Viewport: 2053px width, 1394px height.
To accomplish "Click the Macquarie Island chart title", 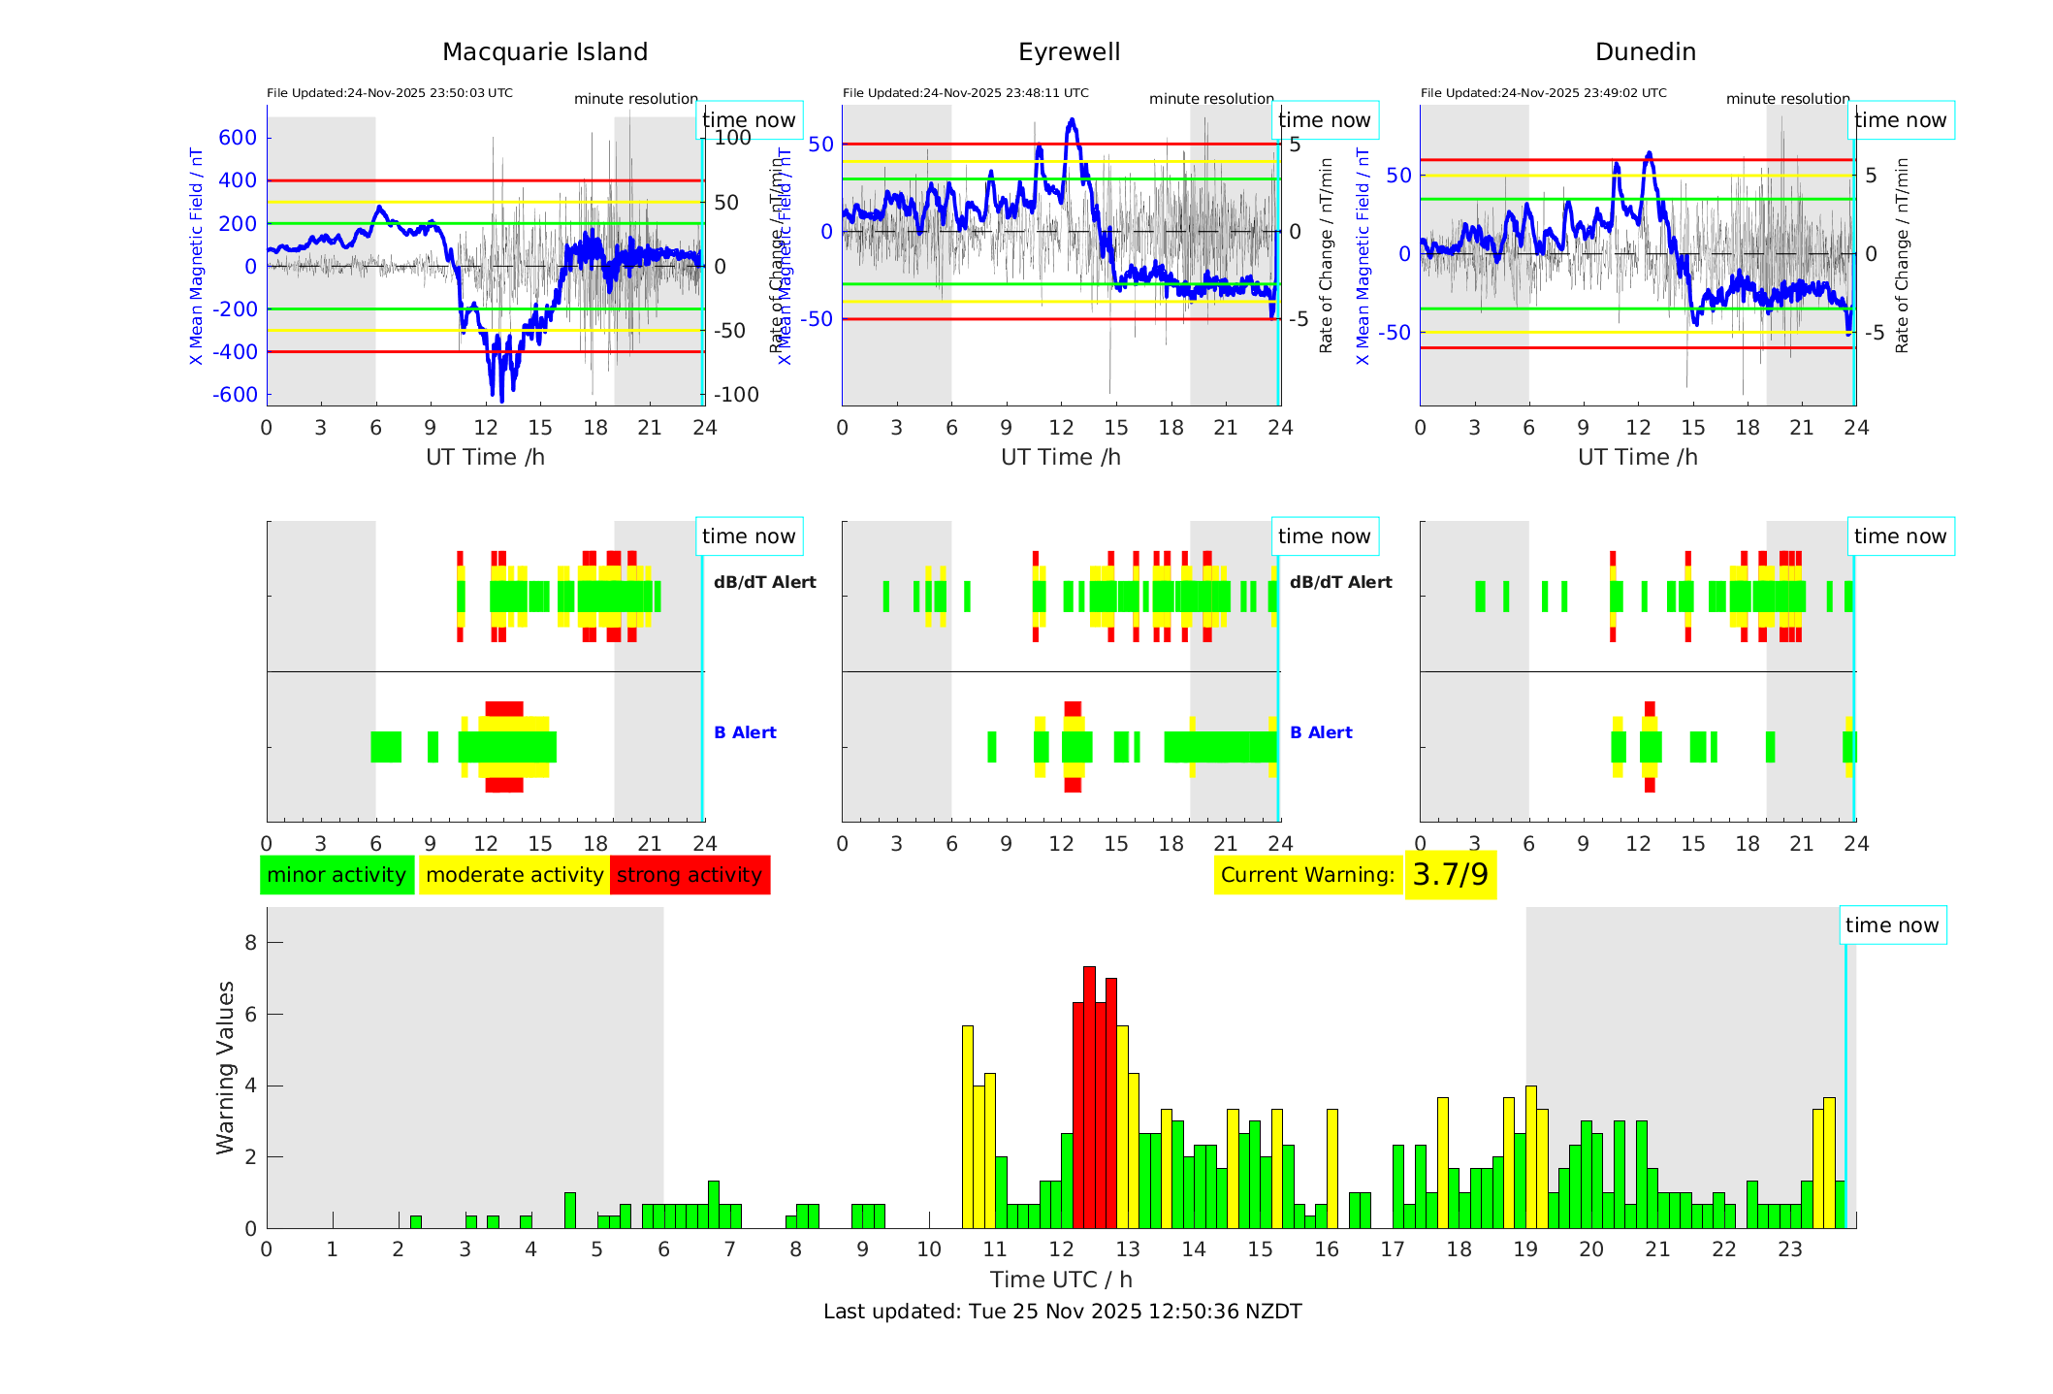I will click(545, 52).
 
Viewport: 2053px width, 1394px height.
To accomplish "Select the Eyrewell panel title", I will click(1069, 52).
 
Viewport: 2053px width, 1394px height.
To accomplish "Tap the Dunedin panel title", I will click(1645, 52).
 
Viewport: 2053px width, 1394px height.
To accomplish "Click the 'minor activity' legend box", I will click(337, 875).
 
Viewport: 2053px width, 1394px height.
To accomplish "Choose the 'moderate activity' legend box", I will click(514, 875).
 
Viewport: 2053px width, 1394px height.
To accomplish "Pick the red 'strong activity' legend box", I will click(690, 875).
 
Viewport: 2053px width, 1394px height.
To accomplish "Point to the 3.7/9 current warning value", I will click(1450, 875).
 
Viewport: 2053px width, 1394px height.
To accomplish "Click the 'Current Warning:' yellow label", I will click(1307, 875).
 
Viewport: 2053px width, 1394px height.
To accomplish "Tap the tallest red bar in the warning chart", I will click(1089, 1096).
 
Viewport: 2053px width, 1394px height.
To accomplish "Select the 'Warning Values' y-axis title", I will click(226, 1067).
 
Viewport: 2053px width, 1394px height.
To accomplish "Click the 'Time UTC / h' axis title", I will click(1061, 1280).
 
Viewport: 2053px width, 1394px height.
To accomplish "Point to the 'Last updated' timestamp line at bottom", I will click(1062, 1312).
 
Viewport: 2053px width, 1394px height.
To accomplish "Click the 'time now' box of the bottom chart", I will click(1891, 925).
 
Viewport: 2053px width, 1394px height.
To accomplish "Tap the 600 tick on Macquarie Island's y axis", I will click(238, 138).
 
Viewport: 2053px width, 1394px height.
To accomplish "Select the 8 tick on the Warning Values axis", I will click(250, 943).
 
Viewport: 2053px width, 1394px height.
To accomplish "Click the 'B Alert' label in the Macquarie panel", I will click(745, 732).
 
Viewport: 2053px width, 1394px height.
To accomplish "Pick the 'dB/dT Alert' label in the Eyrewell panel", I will click(1340, 582).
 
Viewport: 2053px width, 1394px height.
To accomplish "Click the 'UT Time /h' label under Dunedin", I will click(1637, 457).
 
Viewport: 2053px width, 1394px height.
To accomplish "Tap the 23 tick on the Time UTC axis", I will click(1789, 1249).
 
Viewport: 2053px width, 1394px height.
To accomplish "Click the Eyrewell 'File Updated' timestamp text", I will click(965, 93).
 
